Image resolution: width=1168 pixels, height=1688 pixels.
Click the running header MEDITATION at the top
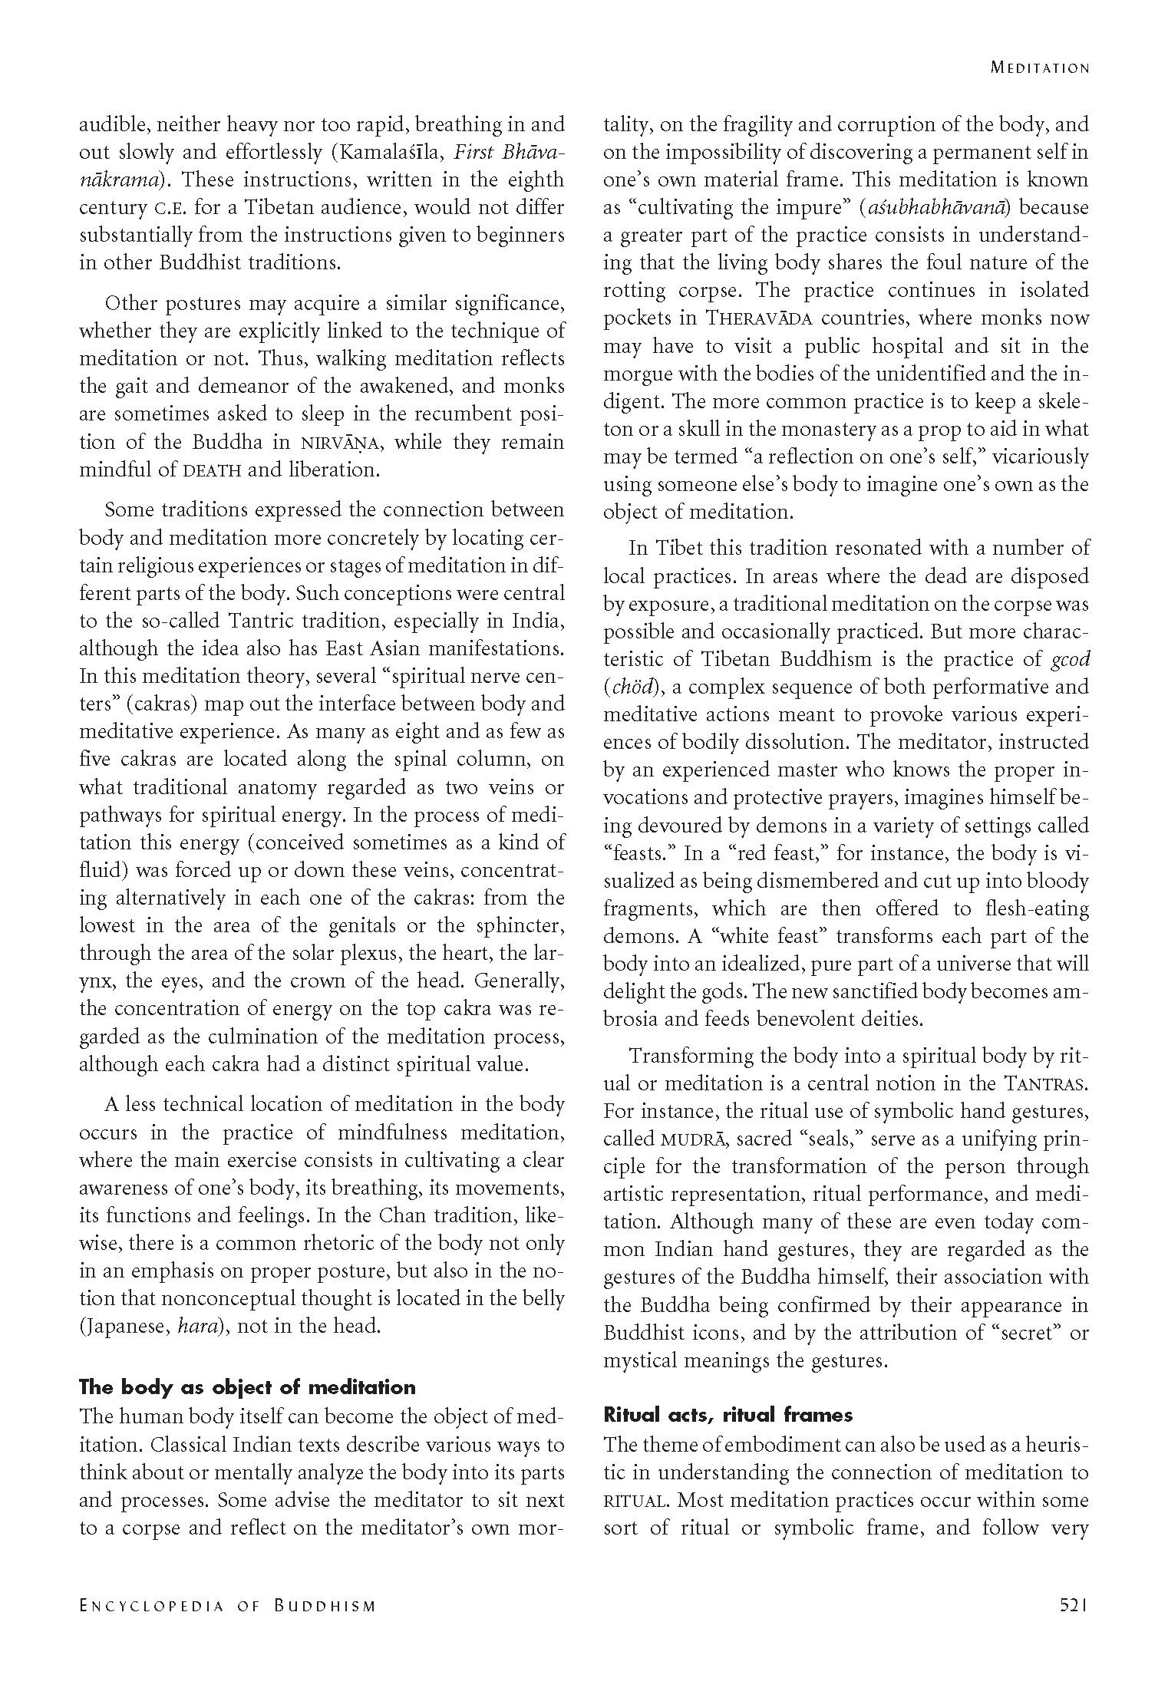(1039, 68)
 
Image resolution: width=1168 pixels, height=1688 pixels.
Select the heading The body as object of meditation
(247, 1386)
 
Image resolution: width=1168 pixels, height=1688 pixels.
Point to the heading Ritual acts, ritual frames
(728, 1414)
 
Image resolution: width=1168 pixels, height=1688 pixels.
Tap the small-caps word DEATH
(212, 470)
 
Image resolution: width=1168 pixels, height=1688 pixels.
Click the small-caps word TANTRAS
(1046, 1084)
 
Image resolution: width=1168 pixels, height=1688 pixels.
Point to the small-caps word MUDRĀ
(695, 1139)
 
